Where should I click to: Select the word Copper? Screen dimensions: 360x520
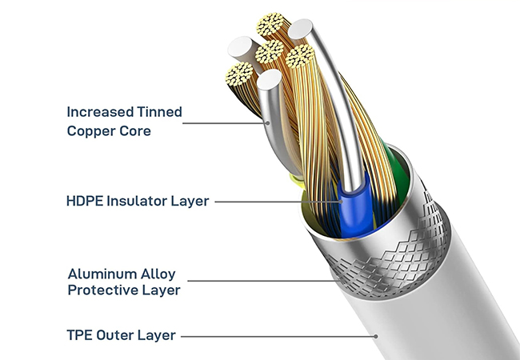pos(91,130)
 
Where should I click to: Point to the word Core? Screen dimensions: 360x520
pos(134,130)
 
